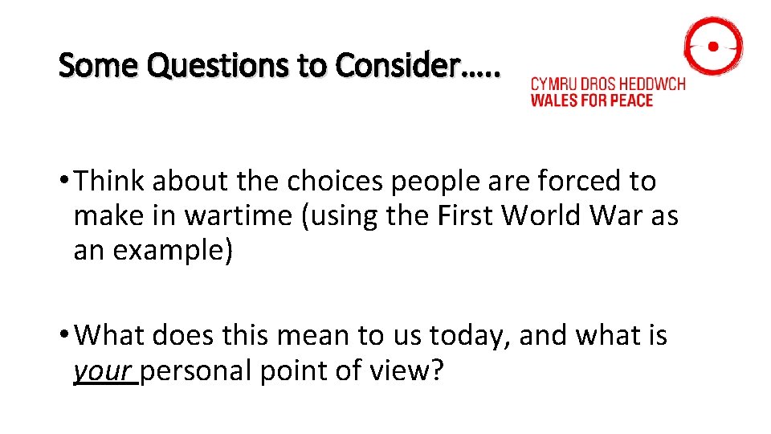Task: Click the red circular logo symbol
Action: point(712,47)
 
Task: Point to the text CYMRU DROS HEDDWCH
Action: point(608,84)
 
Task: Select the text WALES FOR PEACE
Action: point(591,100)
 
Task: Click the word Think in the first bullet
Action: point(109,182)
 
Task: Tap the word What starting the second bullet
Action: point(112,334)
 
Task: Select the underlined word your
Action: point(103,371)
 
